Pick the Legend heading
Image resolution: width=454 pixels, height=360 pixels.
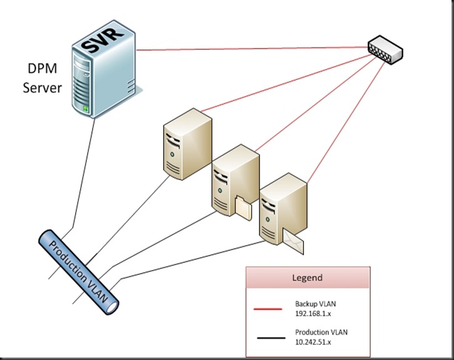tap(308, 277)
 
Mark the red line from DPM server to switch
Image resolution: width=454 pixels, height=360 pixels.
tap(250, 48)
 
